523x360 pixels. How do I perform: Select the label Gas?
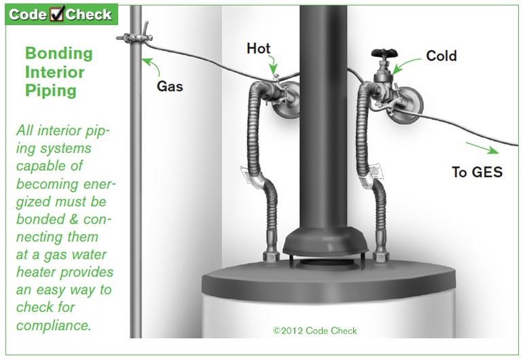170,87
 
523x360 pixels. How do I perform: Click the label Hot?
258,48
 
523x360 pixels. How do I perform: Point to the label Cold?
441,56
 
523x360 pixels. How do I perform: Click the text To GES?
477,172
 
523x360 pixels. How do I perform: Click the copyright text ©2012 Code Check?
314,331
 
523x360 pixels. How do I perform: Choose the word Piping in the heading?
51,90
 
